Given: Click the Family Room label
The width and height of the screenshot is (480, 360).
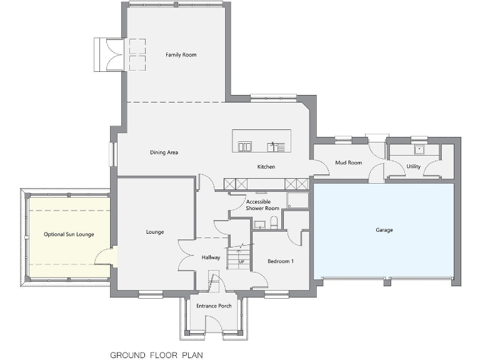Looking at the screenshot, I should click(x=181, y=55).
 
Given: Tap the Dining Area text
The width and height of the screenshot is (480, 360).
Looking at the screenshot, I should click(x=164, y=152).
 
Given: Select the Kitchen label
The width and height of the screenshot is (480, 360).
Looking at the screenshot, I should click(x=266, y=167).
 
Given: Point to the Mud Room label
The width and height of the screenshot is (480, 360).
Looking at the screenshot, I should click(x=349, y=162).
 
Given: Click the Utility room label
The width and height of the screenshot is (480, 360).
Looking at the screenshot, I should click(x=413, y=167).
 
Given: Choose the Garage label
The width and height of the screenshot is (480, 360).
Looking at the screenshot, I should click(x=384, y=230).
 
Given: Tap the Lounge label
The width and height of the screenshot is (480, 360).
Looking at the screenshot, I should click(x=155, y=232).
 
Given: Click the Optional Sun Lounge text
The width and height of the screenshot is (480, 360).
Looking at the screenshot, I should click(x=69, y=234).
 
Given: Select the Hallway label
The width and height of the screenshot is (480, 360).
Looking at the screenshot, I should click(x=211, y=257).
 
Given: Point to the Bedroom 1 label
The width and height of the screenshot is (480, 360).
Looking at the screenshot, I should click(x=280, y=261).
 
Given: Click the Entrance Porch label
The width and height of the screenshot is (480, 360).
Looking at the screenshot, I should click(x=214, y=306).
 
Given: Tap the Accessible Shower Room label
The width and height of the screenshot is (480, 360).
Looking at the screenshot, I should click(x=262, y=205).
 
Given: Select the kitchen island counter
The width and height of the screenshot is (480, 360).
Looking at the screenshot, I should click(x=261, y=141).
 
